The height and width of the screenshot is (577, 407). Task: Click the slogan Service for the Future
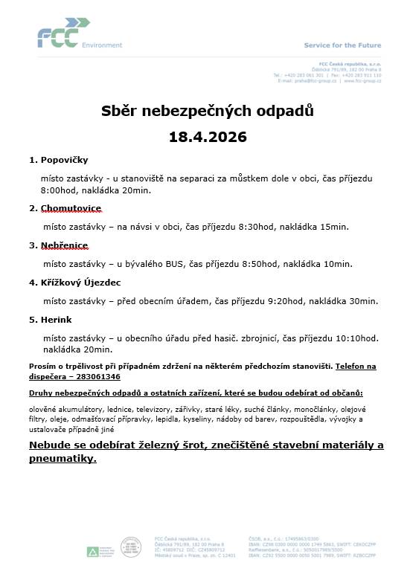342,45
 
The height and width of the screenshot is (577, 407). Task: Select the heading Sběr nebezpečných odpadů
208,112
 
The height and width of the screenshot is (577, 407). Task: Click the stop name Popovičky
61,160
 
